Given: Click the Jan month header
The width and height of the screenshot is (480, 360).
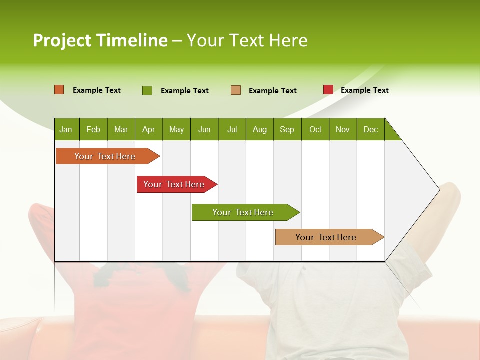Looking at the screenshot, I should (x=66, y=129).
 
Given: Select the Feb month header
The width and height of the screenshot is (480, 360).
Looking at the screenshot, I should (x=93, y=129).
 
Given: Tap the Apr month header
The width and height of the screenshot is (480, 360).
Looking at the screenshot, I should (x=148, y=129).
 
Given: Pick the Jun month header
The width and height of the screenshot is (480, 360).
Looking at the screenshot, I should (x=204, y=129).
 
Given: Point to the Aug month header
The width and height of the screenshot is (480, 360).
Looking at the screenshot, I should (x=259, y=129).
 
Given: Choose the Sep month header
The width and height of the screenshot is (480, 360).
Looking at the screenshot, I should (x=287, y=129).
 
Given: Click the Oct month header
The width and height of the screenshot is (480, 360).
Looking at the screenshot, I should (x=315, y=129).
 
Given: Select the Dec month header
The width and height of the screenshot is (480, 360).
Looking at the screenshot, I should (x=370, y=129).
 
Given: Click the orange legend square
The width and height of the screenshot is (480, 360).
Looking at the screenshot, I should (x=59, y=90).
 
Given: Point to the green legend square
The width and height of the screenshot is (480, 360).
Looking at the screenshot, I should (x=147, y=90).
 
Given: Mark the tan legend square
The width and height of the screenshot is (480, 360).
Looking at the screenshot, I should (x=236, y=90).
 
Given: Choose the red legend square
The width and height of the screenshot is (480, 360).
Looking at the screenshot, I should (x=328, y=90).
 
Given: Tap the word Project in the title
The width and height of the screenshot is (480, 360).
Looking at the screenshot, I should (x=62, y=40).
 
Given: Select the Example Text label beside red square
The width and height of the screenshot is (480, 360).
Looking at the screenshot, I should (x=364, y=90).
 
